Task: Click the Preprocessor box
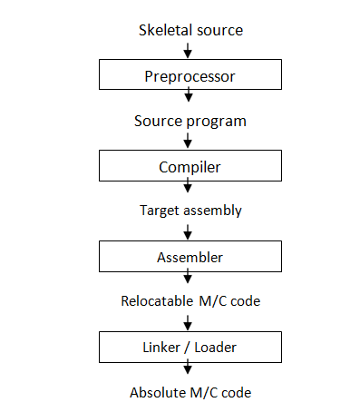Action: pos(190,75)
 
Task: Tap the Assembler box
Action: pos(190,256)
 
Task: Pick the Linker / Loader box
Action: pos(190,346)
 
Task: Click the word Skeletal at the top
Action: pos(164,30)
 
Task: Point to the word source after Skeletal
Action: pos(219,30)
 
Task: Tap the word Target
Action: pos(161,211)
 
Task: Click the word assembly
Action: pos(214,211)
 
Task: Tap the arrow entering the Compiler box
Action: pos(190,142)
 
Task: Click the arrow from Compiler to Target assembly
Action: pos(190,187)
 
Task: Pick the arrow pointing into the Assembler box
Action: pos(190,233)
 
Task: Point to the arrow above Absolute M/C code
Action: pos(190,368)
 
